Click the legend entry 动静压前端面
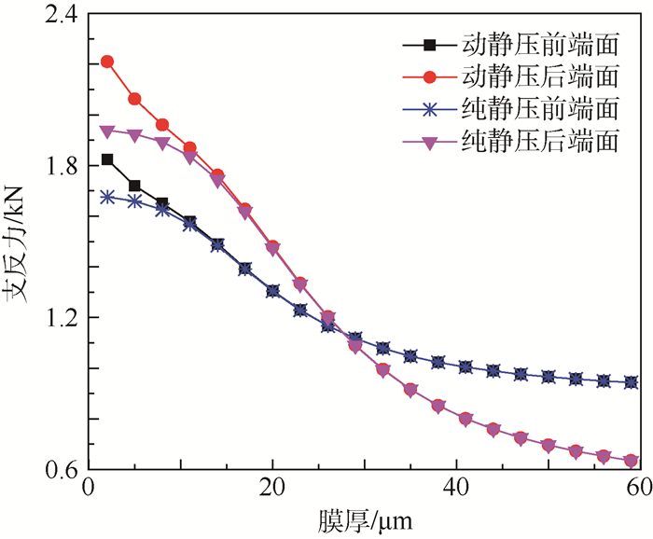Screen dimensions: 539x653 (x=541, y=44)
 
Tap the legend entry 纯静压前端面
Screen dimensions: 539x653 (x=541, y=108)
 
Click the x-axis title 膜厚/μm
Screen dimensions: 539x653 (x=365, y=518)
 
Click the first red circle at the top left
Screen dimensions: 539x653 (x=107, y=62)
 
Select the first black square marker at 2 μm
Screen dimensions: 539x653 (x=107, y=159)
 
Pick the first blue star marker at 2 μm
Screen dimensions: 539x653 (x=107, y=197)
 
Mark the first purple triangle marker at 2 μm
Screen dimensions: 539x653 (x=107, y=131)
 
